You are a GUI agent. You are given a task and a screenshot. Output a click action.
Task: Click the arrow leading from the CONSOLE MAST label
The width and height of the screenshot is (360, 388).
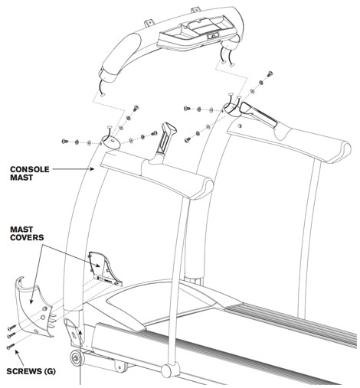pos(77,172)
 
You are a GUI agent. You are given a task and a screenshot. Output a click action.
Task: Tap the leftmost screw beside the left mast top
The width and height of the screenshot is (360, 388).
pos(66,141)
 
